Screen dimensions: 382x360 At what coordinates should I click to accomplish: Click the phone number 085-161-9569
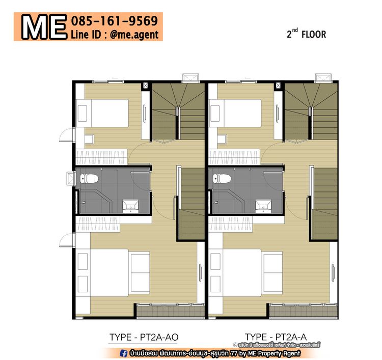[x=115, y=21]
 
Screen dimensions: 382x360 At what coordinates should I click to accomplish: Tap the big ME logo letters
[x=44, y=27]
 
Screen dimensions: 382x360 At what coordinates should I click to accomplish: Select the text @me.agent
[x=134, y=35]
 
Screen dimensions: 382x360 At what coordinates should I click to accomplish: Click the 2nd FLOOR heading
[x=306, y=34]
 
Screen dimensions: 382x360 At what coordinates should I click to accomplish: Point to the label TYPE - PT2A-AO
[x=144, y=338]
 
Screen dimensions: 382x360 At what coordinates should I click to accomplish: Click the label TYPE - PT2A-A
[x=276, y=337]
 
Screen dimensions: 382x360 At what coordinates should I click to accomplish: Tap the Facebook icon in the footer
[x=124, y=353]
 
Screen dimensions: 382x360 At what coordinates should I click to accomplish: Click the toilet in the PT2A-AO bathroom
[x=89, y=179]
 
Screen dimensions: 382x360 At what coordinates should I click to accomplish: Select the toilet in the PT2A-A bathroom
[x=222, y=179]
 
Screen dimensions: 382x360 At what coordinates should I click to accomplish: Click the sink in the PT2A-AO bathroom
[x=130, y=206]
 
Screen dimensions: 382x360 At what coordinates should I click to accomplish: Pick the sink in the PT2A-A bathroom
[x=263, y=206]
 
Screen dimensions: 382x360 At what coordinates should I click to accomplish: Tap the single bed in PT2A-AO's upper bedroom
[x=102, y=113]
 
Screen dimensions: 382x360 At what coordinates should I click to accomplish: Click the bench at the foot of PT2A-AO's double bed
[x=140, y=272]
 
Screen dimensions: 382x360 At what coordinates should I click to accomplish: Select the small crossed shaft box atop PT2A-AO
[x=146, y=86]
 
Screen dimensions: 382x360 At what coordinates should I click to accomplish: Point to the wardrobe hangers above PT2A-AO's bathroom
[x=101, y=157]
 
